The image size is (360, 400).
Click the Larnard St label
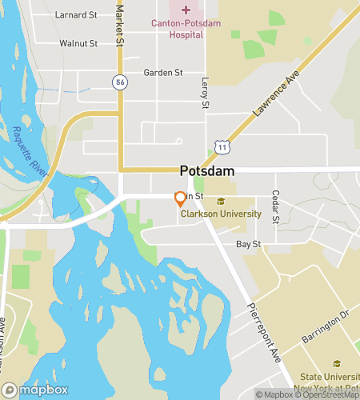pos(77,14)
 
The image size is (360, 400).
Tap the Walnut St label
pos(78,43)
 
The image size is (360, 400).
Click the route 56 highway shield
pos(120,82)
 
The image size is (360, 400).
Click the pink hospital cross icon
pos(186,10)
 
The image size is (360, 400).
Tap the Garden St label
pos(163,72)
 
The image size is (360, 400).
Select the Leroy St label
pos(205,94)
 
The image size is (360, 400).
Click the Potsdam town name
pos(206,171)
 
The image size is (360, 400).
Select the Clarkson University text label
pos(221,214)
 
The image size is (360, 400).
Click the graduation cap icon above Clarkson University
pos(222,201)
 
